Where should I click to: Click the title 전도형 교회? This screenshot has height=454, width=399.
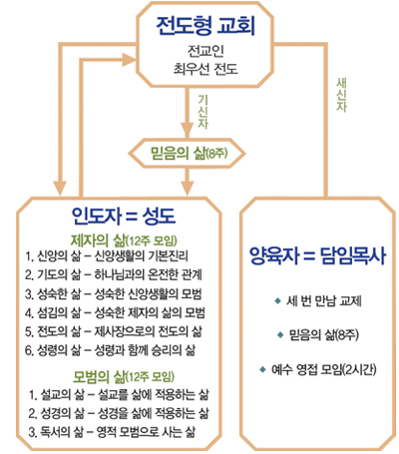tap(205, 26)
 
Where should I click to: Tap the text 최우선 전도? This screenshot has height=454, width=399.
tap(205, 69)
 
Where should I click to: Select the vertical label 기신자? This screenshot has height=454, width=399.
tap(202, 112)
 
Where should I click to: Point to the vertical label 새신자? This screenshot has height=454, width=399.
tap(341, 95)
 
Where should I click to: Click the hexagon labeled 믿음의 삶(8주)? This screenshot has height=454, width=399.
tap(188, 154)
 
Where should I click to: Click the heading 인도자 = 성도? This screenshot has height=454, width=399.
tap(124, 216)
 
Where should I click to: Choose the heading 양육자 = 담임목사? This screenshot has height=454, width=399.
tap(318, 256)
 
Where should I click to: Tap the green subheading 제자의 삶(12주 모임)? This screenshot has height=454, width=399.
tap(124, 240)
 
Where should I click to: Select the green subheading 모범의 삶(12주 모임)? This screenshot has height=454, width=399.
tap(124, 376)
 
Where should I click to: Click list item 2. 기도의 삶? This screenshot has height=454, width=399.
tap(114, 274)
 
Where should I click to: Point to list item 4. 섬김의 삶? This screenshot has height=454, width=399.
tap(115, 312)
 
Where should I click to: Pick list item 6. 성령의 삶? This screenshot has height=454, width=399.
tap(110, 350)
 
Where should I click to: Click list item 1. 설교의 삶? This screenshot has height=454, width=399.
tap(119, 395)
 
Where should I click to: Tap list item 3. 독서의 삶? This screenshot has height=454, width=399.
tap(112, 432)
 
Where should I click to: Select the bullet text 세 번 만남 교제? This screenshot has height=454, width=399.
tap(323, 301)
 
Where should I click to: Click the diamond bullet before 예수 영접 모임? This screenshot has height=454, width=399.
tap(263, 369)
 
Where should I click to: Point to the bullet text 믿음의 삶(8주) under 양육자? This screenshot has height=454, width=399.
tap(323, 334)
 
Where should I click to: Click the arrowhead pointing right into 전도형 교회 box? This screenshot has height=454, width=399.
tap(129, 60)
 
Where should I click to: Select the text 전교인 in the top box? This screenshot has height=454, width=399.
tap(205, 50)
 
